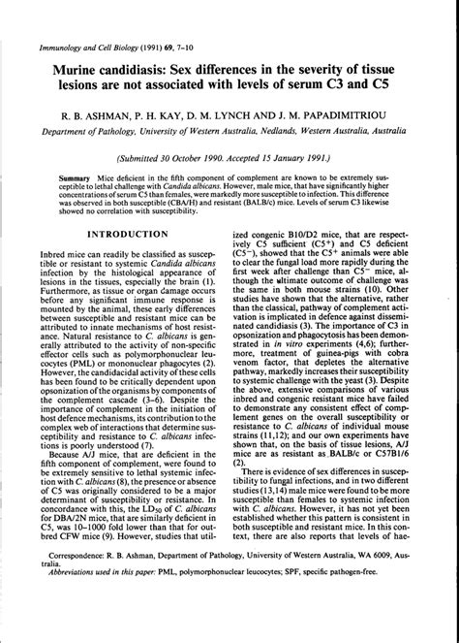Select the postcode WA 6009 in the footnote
pos(391,584)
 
